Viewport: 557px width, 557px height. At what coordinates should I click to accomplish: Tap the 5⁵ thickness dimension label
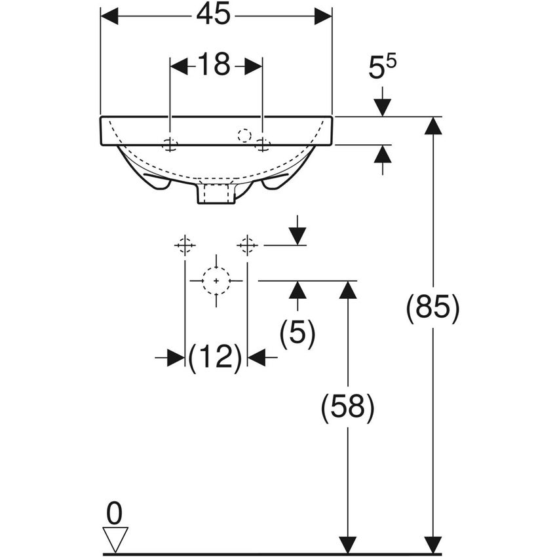pos(383,67)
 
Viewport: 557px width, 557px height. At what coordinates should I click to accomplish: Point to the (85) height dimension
pos(432,308)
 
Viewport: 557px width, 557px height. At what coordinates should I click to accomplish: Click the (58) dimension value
pos(347,408)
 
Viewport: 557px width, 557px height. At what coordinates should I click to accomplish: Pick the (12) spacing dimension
pos(215,358)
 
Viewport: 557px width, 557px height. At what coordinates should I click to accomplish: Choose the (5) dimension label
pos(298,334)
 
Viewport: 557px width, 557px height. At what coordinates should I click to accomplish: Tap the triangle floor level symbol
pos(116,539)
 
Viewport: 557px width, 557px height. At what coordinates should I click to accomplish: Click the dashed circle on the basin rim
pos(244,136)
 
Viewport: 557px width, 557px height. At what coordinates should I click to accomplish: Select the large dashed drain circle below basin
pos(216,280)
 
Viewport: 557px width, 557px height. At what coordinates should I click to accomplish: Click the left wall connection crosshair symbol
pos(185,245)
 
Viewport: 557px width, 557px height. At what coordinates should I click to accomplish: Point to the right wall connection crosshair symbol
pos(247,245)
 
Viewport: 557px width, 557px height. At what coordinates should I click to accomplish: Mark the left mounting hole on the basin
pos(170,145)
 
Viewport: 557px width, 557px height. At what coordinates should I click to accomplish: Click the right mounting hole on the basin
pos(263,145)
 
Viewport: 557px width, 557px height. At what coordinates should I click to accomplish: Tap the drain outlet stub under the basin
pos(216,194)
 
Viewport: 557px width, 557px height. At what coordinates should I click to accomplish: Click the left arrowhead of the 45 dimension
pos(109,16)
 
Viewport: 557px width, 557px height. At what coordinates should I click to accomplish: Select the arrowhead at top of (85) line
pos(432,125)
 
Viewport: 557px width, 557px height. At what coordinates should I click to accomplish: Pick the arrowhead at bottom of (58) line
pos(347,545)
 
